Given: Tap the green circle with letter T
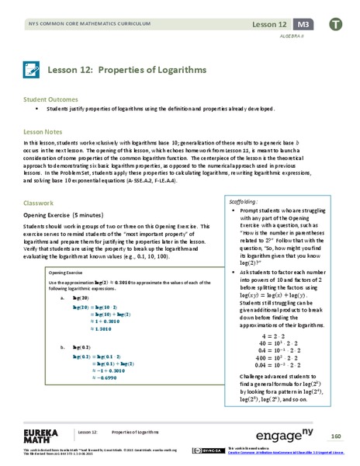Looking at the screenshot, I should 335,23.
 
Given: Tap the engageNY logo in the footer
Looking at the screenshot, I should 259,433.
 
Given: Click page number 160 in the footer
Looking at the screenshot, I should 336,434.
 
